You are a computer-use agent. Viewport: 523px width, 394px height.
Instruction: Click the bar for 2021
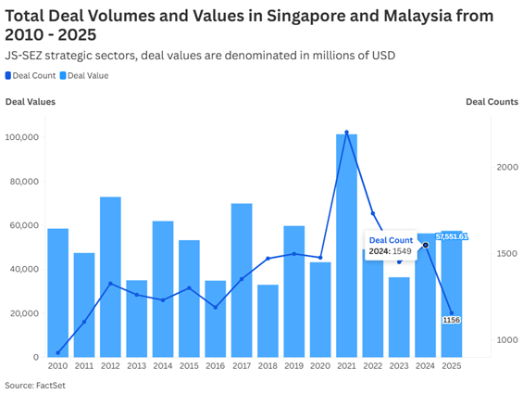click(x=346, y=246)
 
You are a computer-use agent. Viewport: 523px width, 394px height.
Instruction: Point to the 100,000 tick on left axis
click(x=21, y=137)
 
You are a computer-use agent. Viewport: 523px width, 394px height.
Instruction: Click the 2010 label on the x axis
click(x=57, y=366)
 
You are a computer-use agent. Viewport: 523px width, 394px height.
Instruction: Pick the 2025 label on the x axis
click(x=451, y=366)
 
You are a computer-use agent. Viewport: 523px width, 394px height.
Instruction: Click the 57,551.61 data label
click(x=452, y=236)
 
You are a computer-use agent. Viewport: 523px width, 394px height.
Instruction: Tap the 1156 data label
click(x=452, y=320)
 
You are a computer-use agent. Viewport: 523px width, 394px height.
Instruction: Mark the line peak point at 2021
click(x=346, y=133)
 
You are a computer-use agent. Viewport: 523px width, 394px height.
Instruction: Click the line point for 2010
click(x=57, y=352)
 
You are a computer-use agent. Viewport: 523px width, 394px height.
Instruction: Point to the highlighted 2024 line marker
click(x=426, y=246)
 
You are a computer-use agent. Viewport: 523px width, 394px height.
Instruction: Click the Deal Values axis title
click(x=30, y=101)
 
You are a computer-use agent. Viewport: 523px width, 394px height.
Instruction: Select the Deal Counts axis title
click(x=492, y=101)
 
